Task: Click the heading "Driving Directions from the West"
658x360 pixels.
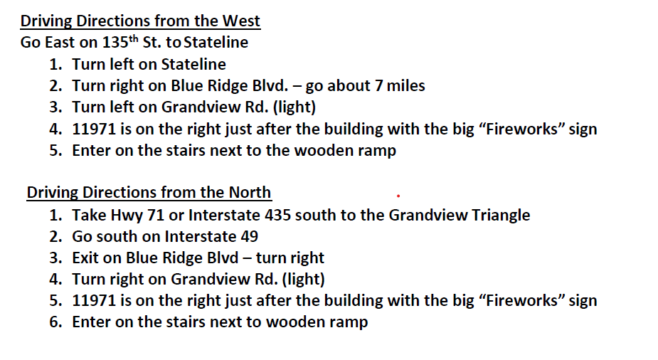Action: coord(140,21)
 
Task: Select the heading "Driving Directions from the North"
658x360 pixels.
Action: coord(149,193)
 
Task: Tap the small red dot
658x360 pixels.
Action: coord(398,196)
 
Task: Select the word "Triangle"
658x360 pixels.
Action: coord(501,216)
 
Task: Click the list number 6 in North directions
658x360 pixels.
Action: coord(55,322)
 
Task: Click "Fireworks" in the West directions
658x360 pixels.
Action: coord(524,129)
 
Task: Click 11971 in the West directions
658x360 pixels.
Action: coord(94,129)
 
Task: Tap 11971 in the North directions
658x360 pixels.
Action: coord(94,301)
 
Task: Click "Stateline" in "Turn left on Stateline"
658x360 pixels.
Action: coord(193,65)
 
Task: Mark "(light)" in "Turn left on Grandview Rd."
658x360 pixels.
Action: coord(294,107)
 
